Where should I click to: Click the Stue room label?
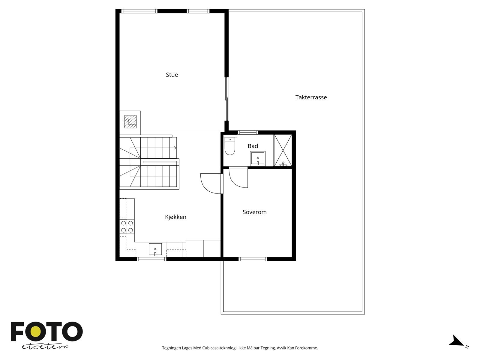click(172, 75)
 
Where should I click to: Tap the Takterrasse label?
click(311, 97)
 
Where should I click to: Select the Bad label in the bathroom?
click(253, 146)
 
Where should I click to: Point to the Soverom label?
click(254, 212)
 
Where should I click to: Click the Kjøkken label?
click(175, 217)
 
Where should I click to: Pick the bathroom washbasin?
click(258, 158)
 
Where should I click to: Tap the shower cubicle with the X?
click(283, 150)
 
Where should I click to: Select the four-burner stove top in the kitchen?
click(127, 227)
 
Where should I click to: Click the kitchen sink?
click(155, 249)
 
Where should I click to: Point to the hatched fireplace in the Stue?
click(130, 121)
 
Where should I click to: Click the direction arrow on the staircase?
click(175, 148)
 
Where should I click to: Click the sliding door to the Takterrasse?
click(227, 99)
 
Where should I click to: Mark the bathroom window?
click(248, 133)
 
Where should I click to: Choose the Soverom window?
click(253, 259)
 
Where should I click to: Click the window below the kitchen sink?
click(151, 259)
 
